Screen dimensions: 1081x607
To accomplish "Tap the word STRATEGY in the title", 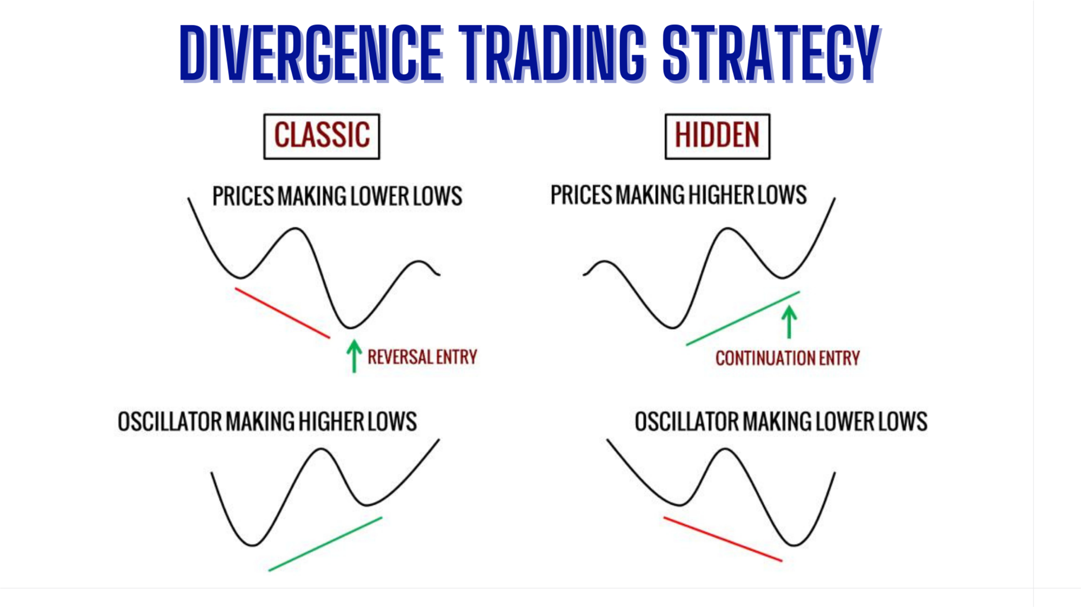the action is pos(772,53).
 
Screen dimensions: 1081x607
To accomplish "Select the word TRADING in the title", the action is pos(552,53).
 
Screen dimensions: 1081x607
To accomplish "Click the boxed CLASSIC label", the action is pos(322,136).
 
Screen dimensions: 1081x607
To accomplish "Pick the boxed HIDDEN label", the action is pos(717,136).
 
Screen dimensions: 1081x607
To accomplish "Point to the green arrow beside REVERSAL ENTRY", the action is pos(354,356).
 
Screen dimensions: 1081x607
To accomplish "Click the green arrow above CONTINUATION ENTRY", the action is pos(789,322).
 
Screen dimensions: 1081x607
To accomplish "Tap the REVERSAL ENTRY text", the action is pos(422,357).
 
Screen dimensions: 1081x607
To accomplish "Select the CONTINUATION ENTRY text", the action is pos(788,358).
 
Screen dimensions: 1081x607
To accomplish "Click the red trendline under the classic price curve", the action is pos(282,313).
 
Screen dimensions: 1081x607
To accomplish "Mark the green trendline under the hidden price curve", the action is pos(743,318).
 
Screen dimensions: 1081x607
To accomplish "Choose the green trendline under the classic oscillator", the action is pos(325,544).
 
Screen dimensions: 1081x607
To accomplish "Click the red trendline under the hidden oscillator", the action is pos(723,539).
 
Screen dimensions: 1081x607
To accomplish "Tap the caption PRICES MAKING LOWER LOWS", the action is pos(337,196).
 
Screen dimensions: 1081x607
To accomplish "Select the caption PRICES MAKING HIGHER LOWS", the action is pos(678,195).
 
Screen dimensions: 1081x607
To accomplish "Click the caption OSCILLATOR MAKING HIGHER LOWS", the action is pos(267,421).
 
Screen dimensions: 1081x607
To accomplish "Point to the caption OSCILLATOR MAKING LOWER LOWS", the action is pos(781,421).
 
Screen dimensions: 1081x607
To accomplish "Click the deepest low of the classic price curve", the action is pos(350,328).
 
